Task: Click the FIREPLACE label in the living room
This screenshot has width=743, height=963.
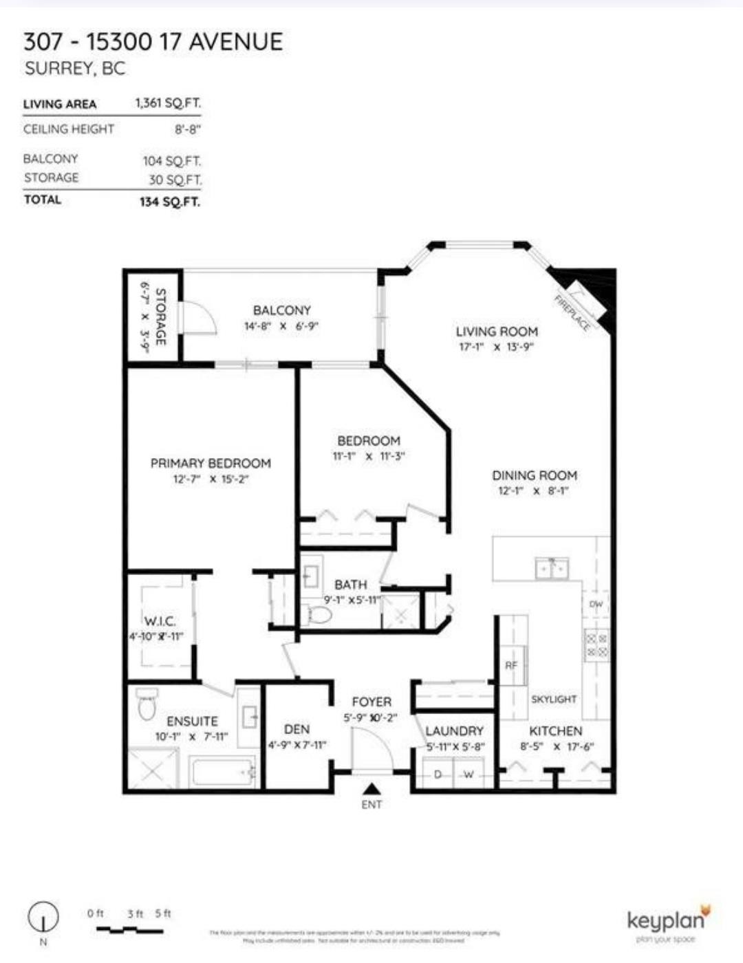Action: [x=572, y=314]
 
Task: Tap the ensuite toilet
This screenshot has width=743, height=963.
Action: [x=147, y=704]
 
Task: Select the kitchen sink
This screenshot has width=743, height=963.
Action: [x=552, y=569]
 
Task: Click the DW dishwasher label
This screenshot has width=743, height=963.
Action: [x=596, y=605]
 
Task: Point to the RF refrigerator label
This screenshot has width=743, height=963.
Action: [x=511, y=665]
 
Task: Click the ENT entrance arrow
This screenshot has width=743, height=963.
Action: [x=371, y=790]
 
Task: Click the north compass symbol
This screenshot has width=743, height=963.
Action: [x=43, y=917]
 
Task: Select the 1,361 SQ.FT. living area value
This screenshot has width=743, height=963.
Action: [x=168, y=103]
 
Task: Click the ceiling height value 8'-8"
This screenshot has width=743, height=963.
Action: [x=187, y=129]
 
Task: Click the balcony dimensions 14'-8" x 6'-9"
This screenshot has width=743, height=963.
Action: [x=281, y=326]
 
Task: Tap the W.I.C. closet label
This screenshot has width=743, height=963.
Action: [x=160, y=620]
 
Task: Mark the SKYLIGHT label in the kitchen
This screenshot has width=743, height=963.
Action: [x=554, y=699]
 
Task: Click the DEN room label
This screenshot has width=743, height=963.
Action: [x=297, y=729]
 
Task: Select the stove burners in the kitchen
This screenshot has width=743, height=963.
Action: [x=596, y=645]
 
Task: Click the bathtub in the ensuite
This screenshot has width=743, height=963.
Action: [x=224, y=771]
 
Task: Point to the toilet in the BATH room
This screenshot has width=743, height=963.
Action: [x=319, y=615]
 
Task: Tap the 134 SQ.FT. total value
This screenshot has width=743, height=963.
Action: [x=169, y=202]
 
